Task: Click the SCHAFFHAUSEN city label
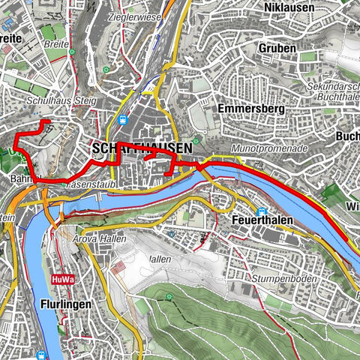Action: click(x=141, y=149)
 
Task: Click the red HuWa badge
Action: click(x=62, y=280)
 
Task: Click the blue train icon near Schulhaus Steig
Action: click(x=123, y=118)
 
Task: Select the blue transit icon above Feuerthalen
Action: click(x=262, y=212)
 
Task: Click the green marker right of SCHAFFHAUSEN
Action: click(x=196, y=140)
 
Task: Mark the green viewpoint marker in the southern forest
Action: click(x=169, y=296)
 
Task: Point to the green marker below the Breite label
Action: click(x=106, y=70)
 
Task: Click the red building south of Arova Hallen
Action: click(x=118, y=267)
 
